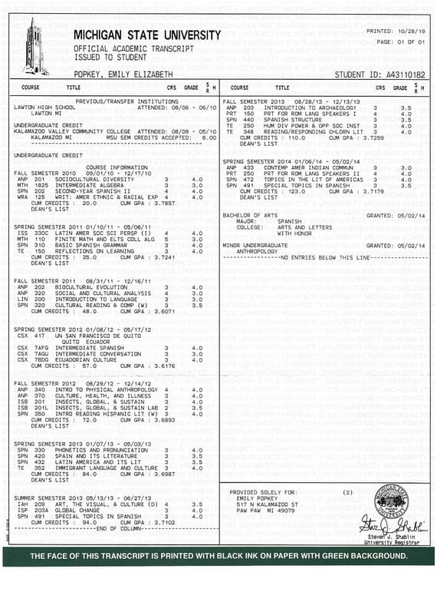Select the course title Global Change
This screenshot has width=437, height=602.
click(x=71, y=509)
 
